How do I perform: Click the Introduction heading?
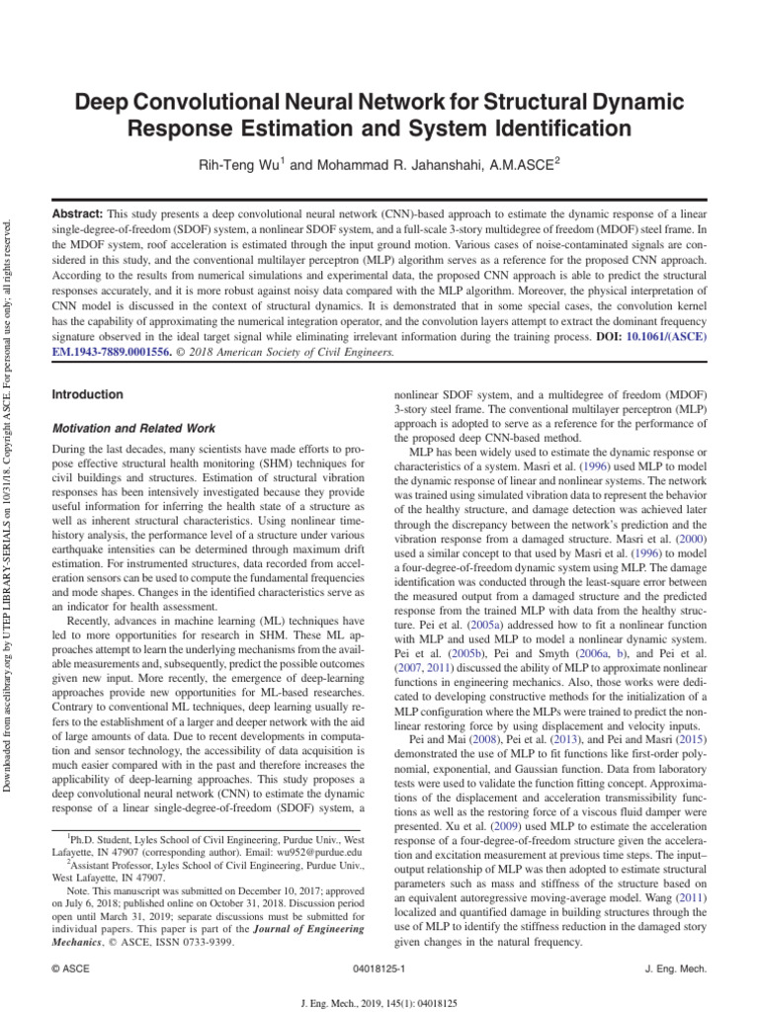coord(87,394)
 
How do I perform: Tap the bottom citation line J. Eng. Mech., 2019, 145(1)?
coord(379,1001)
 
